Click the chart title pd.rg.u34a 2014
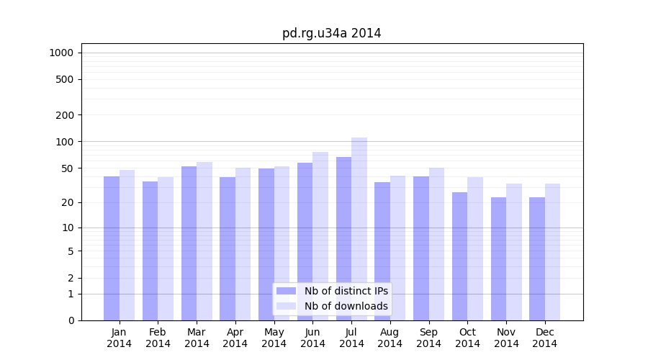331,33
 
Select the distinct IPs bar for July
343,238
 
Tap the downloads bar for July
359,229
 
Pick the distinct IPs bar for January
112,248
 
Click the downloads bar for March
204,241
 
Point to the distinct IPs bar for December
537,258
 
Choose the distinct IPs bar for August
382,251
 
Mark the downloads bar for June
320,236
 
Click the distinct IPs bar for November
498,258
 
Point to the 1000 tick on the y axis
61,53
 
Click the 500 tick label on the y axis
65,79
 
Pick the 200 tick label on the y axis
65,115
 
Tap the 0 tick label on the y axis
71,320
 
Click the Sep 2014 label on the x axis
428,338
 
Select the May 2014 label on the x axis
274,338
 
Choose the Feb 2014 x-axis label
158,338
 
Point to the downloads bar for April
243,244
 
